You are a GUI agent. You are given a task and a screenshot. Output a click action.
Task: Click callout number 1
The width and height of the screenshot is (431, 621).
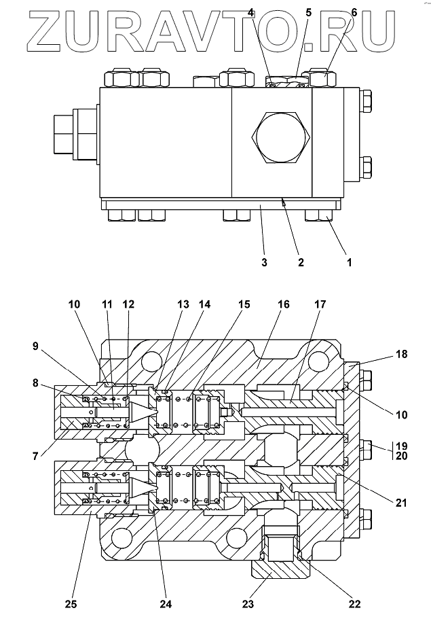click(349, 262)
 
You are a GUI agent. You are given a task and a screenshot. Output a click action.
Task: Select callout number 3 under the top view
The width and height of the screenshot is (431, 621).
click(265, 262)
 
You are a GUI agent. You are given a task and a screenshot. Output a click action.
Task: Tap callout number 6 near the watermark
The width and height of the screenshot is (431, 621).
click(354, 13)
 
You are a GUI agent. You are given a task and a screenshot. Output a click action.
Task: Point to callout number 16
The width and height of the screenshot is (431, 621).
click(284, 304)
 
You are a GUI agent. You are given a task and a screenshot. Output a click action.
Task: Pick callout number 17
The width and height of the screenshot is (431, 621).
click(320, 304)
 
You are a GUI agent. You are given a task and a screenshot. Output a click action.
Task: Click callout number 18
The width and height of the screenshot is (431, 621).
click(401, 354)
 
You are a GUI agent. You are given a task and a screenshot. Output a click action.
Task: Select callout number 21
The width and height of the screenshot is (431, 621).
click(401, 503)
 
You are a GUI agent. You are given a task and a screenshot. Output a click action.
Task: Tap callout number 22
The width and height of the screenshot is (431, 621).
click(354, 605)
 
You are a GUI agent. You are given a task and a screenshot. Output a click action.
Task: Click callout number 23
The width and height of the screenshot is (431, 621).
click(248, 605)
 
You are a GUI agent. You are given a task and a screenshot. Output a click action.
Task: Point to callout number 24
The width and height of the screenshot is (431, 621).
click(166, 605)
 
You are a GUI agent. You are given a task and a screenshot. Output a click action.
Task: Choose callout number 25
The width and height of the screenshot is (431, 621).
click(71, 605)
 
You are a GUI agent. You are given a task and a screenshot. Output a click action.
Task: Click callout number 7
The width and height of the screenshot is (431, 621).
click(35, 457)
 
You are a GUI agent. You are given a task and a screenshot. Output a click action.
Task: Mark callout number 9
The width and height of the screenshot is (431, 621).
click(35, 346)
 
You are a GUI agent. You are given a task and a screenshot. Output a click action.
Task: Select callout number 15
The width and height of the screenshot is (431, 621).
click(244, 304)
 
